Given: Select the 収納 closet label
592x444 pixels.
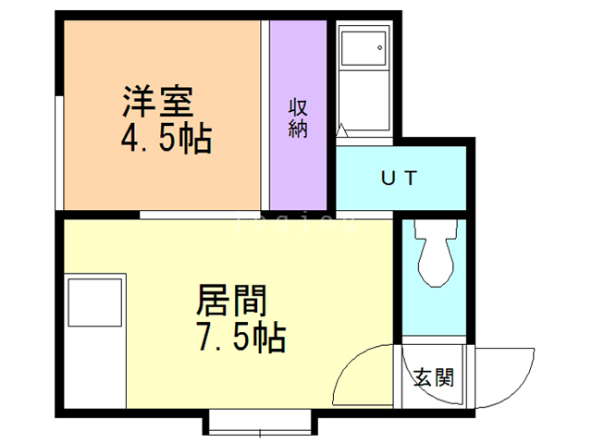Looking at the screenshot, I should [297, 117].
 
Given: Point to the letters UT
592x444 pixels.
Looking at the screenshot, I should [400, 177].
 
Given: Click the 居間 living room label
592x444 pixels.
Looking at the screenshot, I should [231, 302].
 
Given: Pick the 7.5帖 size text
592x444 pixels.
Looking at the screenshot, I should [240, 338].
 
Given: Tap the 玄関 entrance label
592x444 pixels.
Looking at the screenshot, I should [433, 377].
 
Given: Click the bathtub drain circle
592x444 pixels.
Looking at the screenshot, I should [378, 47].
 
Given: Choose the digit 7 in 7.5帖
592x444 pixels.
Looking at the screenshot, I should [204, 338].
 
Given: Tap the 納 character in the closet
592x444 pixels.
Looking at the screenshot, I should [297, 129].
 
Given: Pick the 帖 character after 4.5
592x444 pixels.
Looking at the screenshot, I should [196, 140].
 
